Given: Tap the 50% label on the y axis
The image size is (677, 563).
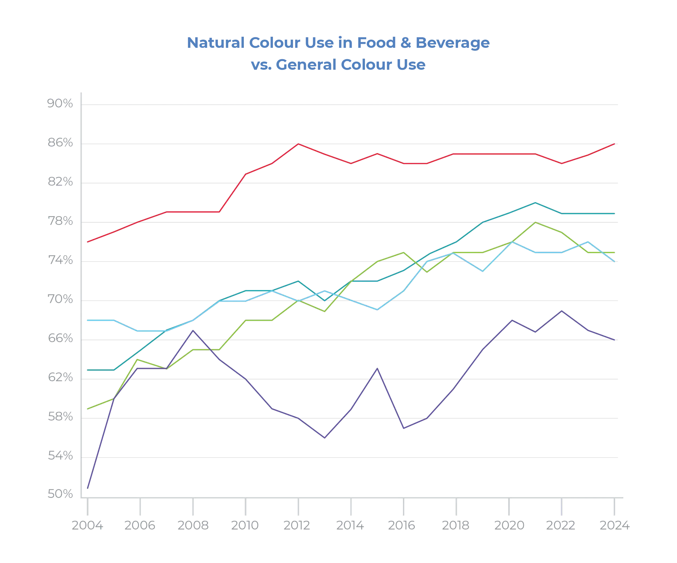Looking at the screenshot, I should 60,494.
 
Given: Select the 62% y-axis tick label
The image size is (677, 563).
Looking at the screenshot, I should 60,378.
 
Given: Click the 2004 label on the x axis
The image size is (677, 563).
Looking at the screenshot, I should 87,526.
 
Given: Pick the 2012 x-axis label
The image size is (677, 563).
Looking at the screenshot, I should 297,526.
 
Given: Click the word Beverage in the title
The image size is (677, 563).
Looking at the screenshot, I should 452,43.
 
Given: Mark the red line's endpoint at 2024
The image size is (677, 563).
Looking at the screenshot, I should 615,143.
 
